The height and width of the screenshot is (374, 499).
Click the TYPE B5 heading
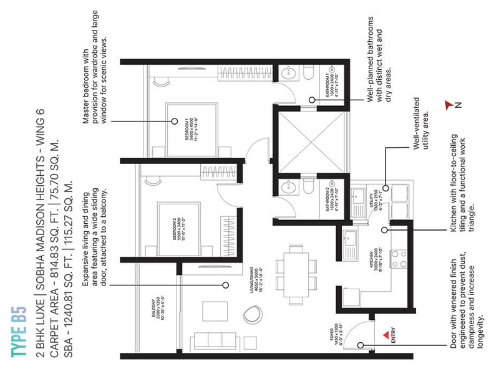(x=18, y=331)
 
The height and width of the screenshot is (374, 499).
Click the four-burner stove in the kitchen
(x=399, y=258)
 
